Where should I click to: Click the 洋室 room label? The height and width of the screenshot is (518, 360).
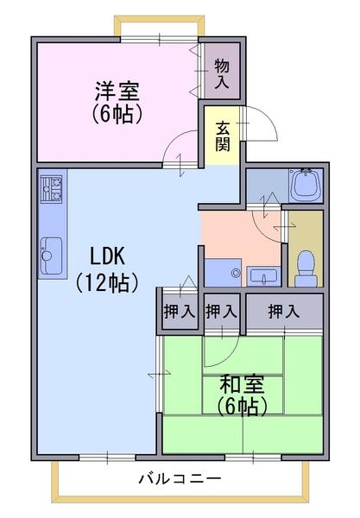(117, 91)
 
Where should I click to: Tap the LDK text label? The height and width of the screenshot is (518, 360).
(108, 256)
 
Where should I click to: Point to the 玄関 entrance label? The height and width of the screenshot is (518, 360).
(223, 136)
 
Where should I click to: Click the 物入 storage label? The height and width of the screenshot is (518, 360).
(222, 73)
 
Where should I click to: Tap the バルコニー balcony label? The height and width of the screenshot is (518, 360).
(180, 478)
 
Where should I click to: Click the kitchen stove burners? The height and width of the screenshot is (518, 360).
(51, 189)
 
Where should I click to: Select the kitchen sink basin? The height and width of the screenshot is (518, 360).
(51, 256)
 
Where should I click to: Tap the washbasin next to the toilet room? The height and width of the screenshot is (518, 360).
(263, 276)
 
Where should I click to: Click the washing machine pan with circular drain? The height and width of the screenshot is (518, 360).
(223, 273)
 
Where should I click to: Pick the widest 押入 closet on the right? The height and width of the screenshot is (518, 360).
(284, 311)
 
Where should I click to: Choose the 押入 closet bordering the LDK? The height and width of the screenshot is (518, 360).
(180, 311)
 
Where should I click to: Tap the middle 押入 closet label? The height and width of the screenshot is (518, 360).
(221, 311)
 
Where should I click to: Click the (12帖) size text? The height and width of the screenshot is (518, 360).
(106, 283)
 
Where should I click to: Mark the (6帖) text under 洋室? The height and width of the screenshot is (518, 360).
(117, 114)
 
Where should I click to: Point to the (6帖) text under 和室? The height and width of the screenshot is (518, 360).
(242, 406)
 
